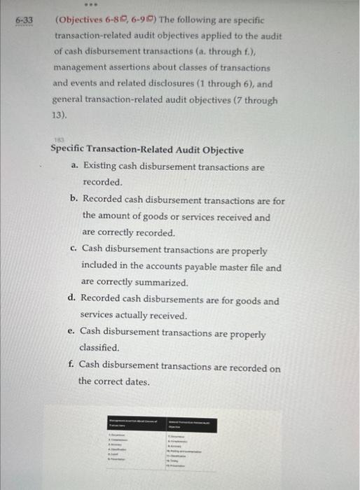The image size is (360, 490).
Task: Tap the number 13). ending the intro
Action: (62, 114)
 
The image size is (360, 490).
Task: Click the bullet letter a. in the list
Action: (75, 167)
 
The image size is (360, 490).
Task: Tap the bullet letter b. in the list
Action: (74, 200)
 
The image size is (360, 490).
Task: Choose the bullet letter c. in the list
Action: (74, 249)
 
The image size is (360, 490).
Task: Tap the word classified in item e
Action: (99, 347)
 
